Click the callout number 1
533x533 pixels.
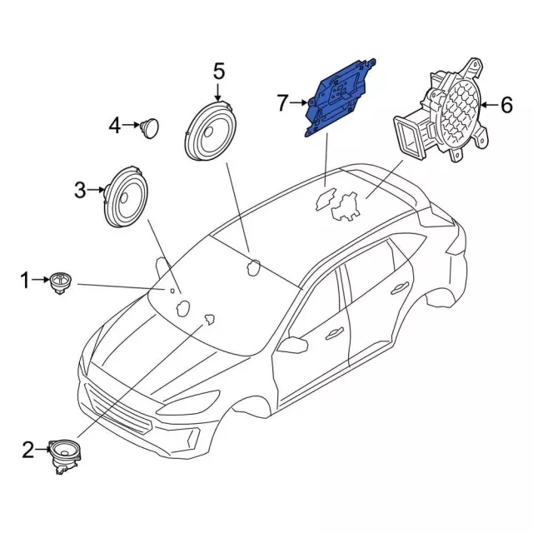pyautogui.click(x=25, y=281)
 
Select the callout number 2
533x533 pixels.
pyautogui.click(x=28, y=451)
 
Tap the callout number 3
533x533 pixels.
pyautogui.click(x=81, y=191)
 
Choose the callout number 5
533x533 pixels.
pyautogui.click(x=219, y=71)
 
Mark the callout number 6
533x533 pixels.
pyautogui.click(x=506, y=105)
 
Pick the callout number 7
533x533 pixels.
pyautogui.click(x=282, y=103)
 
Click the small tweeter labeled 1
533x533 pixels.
pyautogui.click(x=60, y=281)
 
